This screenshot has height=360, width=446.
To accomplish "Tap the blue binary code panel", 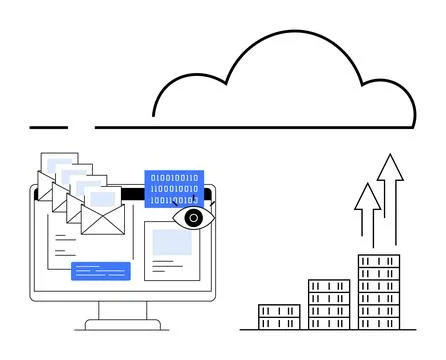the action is [x=174, y=188].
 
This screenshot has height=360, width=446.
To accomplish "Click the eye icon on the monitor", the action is [x=189, y=217].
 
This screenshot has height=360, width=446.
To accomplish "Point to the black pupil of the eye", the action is [x=192, y=217].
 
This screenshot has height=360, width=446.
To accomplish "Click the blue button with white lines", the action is [x=101, y=270].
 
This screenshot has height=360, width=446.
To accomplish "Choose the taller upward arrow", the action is [x=390, y=200].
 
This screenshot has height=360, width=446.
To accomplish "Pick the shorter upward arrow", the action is [x=368, y=215].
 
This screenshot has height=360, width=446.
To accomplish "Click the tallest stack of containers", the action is [x=379, y=291].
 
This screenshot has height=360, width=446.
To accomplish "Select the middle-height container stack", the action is [x=329, y=304].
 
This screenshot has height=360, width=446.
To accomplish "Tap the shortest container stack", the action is [x=279, y=316].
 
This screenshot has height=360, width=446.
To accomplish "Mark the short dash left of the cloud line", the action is [x=48, y=127].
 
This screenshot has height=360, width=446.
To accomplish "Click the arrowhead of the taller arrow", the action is [x=390, y=167].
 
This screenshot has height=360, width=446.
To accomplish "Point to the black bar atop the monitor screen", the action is [x=130, y=191].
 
